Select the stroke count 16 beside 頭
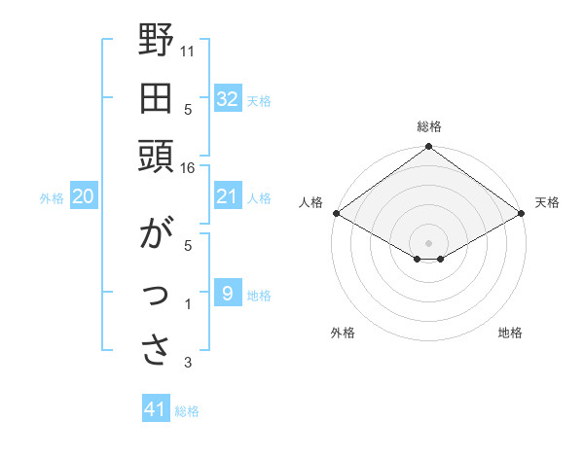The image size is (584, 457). tap(188, 168)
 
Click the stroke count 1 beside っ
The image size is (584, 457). tap(188, 305)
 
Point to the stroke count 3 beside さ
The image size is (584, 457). tap(188, 364)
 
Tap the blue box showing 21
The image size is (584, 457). tap(227, 196)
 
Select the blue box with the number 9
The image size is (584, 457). tap(227, 293)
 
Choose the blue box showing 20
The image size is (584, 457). tap(84, 196)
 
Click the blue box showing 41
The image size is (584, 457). tap(156, 409)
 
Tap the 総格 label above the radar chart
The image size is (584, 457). tap(429, 126)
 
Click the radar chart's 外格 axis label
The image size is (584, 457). tap(343, 333)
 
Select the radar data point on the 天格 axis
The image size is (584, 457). tap(523, 213)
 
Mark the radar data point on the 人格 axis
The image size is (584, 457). tap(336, 213)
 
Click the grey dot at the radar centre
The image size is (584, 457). tap(429, 242)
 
